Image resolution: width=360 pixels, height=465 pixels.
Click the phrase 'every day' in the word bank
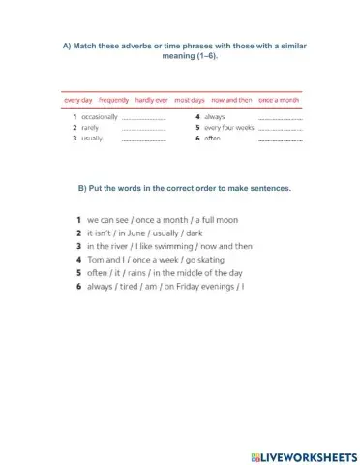click(77, 99)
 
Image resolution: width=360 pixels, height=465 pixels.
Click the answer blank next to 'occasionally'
click(144, 117)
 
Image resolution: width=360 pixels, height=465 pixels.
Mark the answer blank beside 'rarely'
click(144, 128)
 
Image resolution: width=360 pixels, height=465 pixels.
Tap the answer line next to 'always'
click(282, 117)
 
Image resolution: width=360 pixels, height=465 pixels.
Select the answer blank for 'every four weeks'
click(282, 128)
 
